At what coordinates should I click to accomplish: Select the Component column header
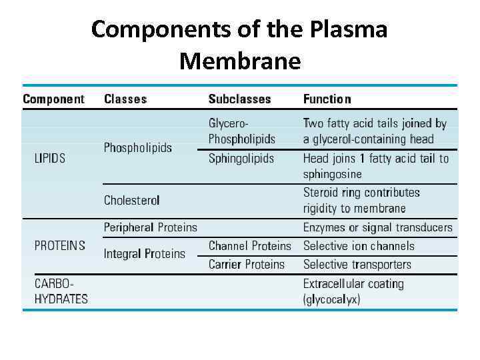[x=53, y=99]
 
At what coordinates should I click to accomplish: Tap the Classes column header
[x=125, y=99]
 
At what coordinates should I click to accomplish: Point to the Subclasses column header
[x=239, y=99]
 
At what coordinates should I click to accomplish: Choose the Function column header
[x=327, y=99]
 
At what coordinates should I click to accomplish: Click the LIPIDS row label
[x=50, y=159]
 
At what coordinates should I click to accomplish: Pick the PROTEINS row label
[x=60, y=245]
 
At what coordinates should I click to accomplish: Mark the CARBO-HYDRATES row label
[x=61, y=291]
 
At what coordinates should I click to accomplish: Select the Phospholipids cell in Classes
[x=137, y=147]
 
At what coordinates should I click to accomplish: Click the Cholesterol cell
[x=132, y=200]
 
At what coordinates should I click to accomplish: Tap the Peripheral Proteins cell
[x=151, y=227]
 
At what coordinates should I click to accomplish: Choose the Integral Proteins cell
[x=145, y=254]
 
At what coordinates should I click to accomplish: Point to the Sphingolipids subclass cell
[x=241, y=159]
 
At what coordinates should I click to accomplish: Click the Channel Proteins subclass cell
[x=250, y=246]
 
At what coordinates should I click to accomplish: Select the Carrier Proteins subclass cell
[x=247, y=264]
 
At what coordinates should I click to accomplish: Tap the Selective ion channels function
[x=359, y=246]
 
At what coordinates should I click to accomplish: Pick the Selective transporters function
[x=357, y=264]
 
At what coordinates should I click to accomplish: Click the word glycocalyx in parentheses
[x=331, y=300]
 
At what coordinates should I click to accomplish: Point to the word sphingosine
[x=333, y=174]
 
